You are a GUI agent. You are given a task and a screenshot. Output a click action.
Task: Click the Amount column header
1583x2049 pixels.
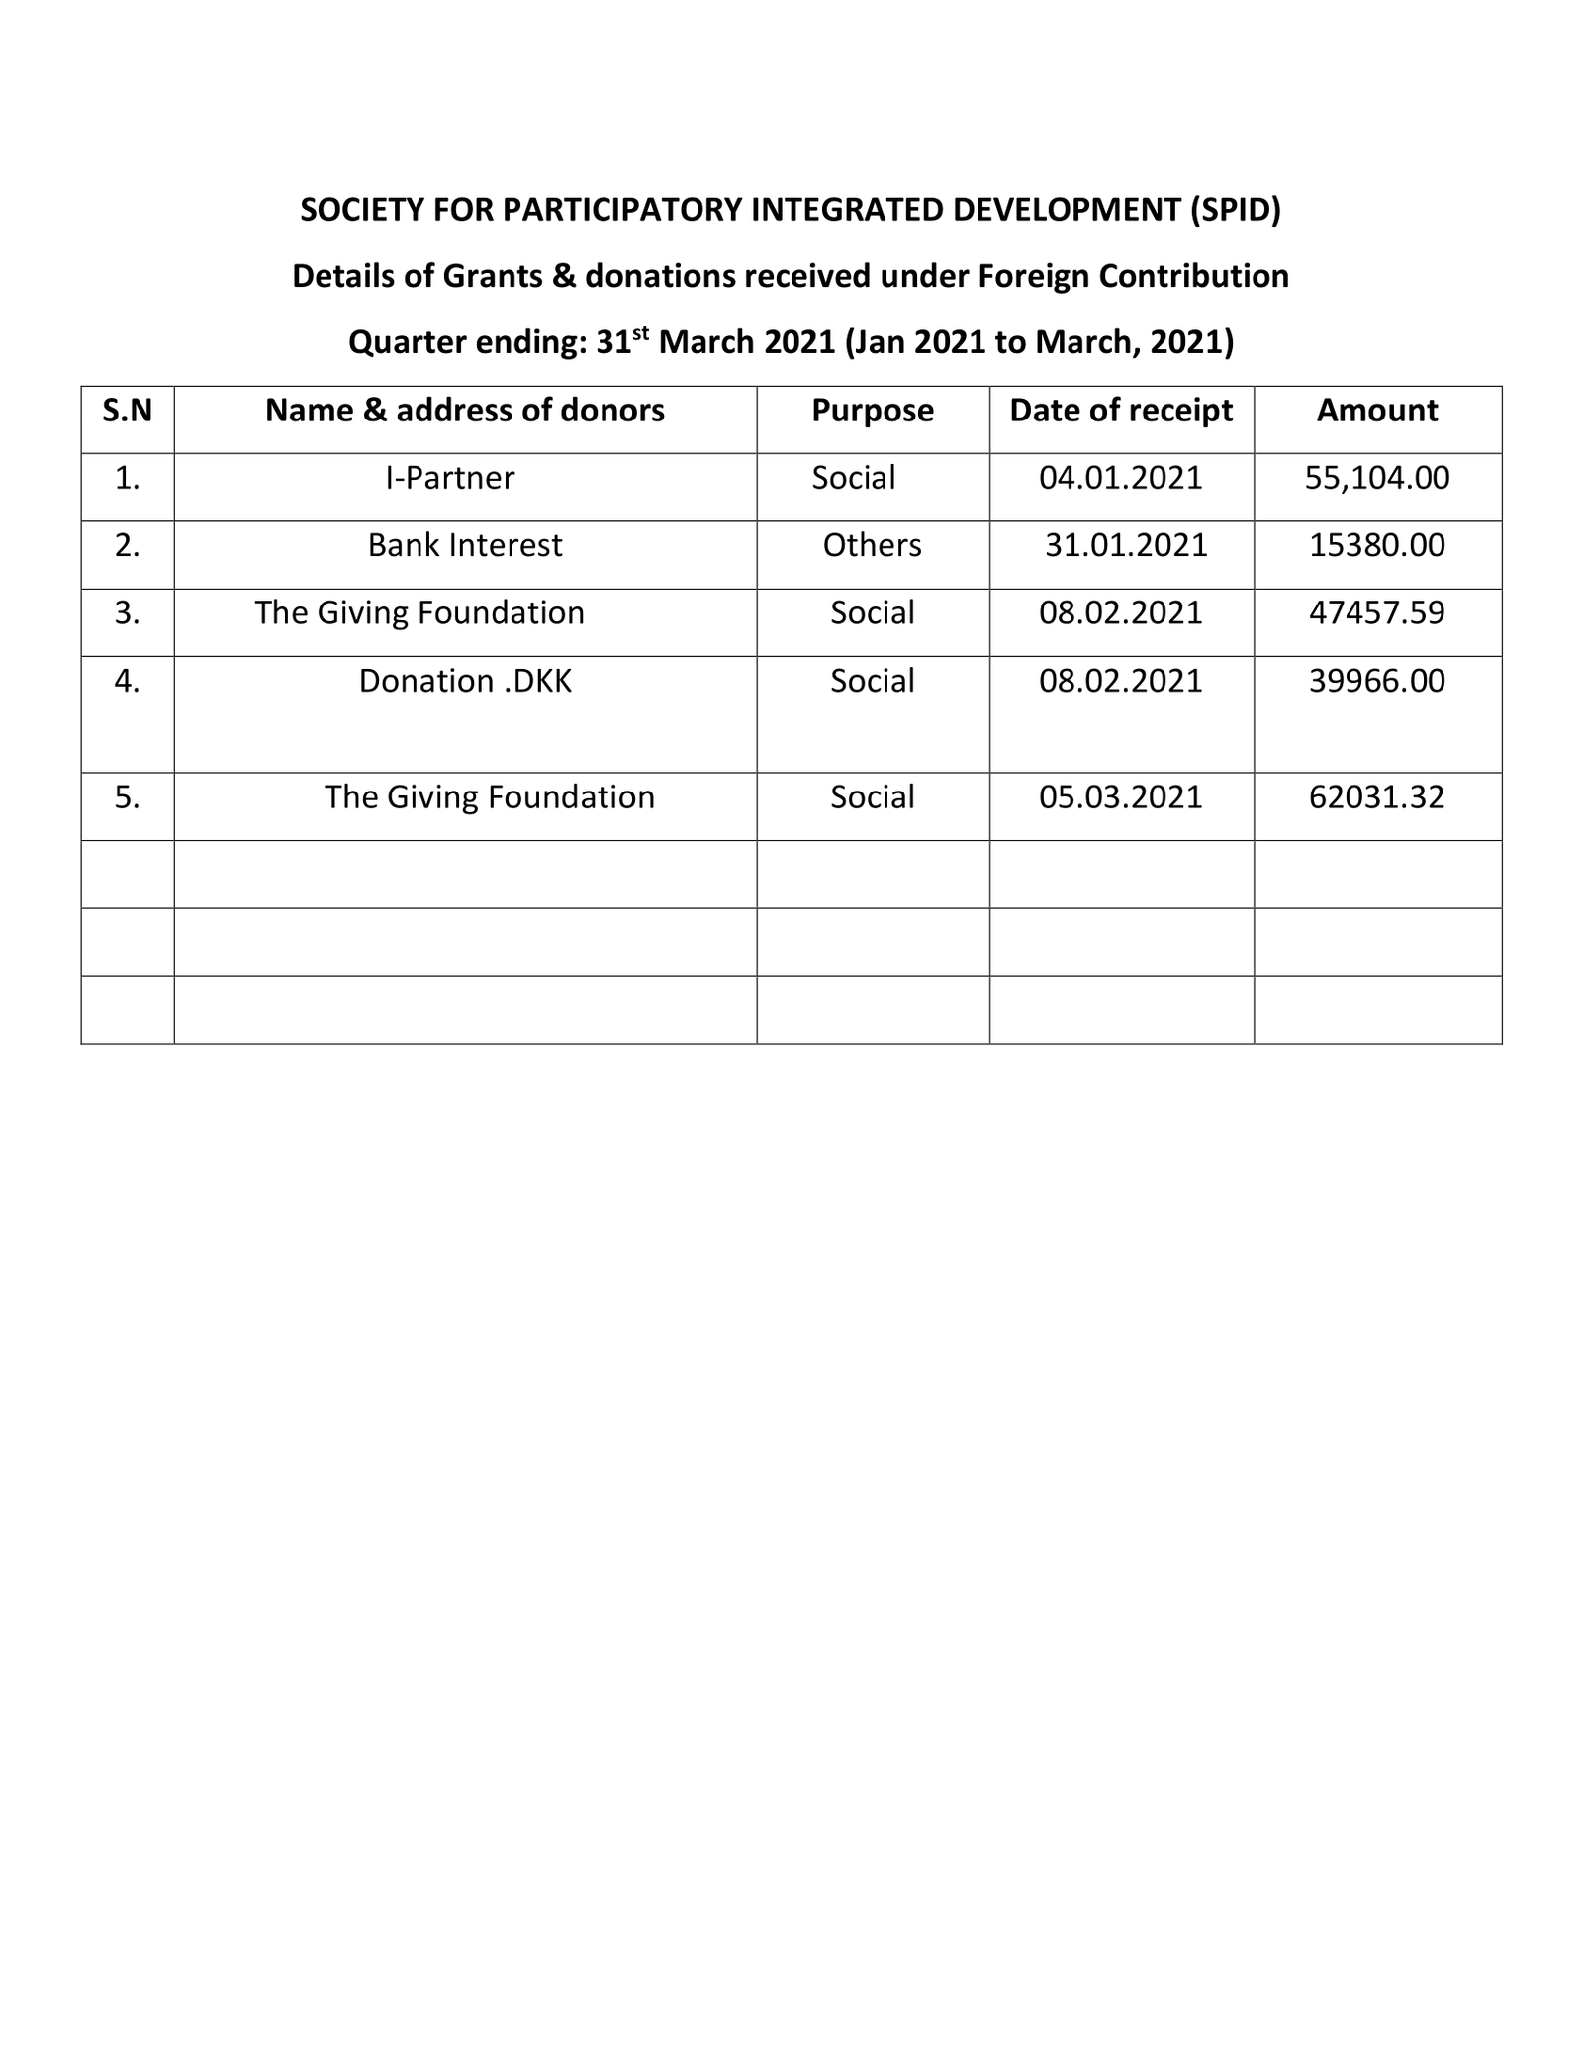[x=1376, y=411]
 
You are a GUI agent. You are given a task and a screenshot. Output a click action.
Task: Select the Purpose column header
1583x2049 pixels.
[x=872, y=411]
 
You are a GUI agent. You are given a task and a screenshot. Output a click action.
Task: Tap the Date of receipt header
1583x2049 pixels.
[x=1121, y=411]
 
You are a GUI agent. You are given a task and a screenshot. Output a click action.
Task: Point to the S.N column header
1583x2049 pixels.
[x=128, y=411]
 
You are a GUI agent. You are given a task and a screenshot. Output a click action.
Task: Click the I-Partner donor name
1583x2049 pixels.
[x=450, y=479]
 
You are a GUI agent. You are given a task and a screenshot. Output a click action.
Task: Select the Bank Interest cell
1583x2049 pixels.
[x=465, y=546]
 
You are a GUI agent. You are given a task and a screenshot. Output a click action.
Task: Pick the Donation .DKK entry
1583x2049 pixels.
[x=465, y=682]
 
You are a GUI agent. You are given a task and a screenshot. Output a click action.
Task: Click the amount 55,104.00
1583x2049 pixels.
[x=1377, y=479]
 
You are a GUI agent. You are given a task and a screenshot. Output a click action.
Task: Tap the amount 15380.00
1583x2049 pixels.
[x=1376, y=546]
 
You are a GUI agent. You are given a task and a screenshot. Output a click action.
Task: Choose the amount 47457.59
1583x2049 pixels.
[x=1376, y=613]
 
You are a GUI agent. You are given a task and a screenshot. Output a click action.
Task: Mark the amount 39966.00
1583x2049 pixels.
[x=1376, y=682]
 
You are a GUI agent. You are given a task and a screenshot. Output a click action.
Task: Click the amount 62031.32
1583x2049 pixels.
[x=1376, y=797]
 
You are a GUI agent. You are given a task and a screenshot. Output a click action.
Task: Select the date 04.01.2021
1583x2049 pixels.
[x=1121, y=479]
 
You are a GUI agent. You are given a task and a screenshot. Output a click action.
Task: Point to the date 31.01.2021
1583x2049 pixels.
[x=1126, y=546]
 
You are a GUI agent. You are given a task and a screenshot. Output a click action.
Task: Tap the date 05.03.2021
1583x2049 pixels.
[x=1121, y=797]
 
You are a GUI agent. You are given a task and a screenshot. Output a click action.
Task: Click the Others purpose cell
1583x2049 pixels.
[x=872, y=546]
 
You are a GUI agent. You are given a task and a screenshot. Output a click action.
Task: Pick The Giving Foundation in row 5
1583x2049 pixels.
[x=490, y=797]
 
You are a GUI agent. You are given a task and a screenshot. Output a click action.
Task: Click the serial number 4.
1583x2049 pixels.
[x=127, y=682]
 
